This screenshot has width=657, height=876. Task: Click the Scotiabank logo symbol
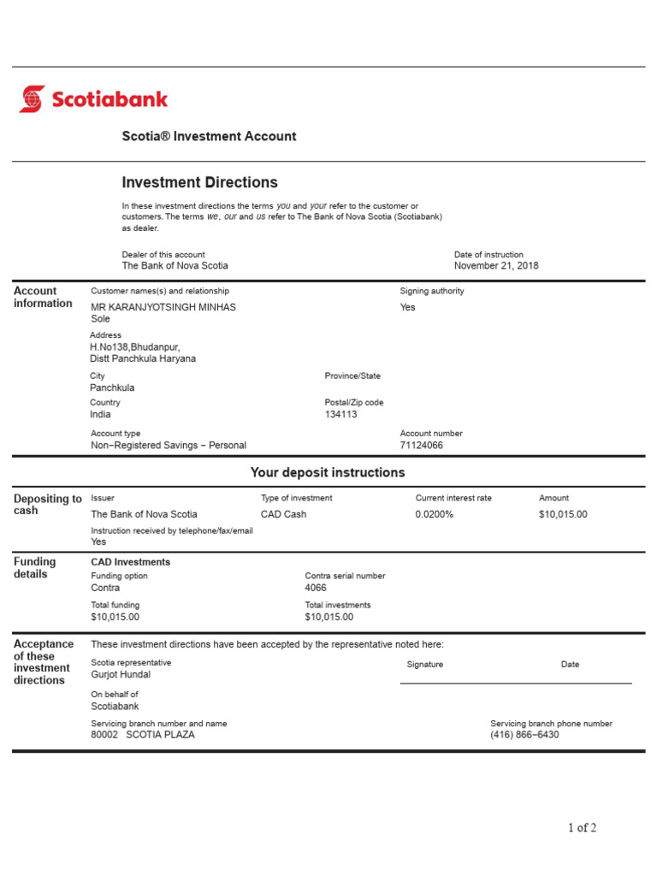click(x=32, y=98)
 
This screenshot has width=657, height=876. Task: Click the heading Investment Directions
click(x=199, y=182)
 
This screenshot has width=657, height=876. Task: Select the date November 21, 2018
click(x=496, y=266)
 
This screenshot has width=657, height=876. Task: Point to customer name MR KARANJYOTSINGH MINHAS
click(x=163, y=307)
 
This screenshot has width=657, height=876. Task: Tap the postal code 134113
click(x=341, y=415)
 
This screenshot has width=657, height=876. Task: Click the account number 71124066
click(x=422, y=446)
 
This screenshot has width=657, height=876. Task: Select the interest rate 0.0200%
click(x=435, y=515)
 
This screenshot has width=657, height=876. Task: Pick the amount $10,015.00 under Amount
click(x=563, y=515)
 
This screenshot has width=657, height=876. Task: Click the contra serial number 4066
click(x=316, y=589)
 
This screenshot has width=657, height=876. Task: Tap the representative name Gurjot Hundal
click(x=121, y=675)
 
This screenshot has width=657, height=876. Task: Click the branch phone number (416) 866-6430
click(x=524, y=735)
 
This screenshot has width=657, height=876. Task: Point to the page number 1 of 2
click(x=582, y=827)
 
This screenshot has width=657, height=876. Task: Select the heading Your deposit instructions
click(x=328, y=473)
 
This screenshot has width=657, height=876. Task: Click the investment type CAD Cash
click(x=283, y=515)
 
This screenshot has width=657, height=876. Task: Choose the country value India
click(x=101, y=415)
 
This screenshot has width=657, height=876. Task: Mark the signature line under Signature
click(x=516, y=684)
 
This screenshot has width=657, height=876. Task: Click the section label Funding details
click(x=35, y=568)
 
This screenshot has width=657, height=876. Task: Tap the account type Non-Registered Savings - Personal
click(x=169, y=446)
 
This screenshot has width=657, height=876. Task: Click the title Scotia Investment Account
click(x=209, y=136)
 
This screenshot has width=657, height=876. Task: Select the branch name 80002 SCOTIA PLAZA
click(x=143, y=735)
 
